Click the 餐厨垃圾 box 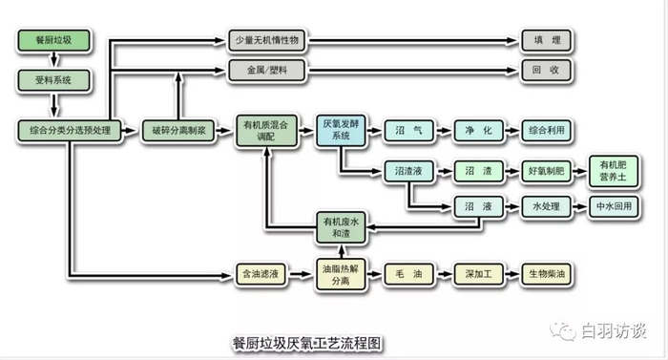53,40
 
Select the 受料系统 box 53,80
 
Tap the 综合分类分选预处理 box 70,131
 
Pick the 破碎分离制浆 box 179,131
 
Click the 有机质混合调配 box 266,131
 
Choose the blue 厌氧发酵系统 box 341,130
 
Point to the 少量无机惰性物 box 267,40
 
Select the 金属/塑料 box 267,70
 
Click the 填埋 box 547,40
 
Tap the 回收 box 546,70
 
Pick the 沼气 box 409,131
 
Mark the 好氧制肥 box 546,171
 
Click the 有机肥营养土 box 614,171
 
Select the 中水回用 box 614,206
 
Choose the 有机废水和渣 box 341,228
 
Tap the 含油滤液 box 261,274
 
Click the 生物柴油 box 546,274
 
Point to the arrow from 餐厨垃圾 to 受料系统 53,60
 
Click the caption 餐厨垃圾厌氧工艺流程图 306,343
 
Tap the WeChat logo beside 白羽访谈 563,330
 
